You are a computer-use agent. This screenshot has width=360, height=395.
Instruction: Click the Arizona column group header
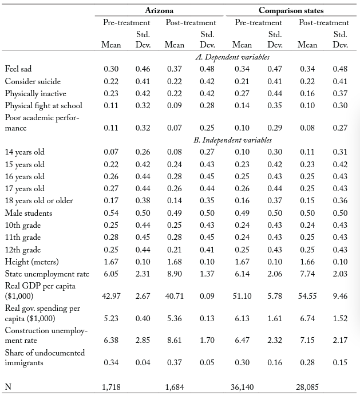click(160, 10)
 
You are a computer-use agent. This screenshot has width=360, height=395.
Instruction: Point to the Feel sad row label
click(18, 69)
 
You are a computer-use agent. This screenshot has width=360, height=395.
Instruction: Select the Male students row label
click(29, 214)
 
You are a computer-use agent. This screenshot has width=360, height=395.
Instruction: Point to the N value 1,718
click(111, 387)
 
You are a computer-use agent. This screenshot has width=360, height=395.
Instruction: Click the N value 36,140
click(241, 387)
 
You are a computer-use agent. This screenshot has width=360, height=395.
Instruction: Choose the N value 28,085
click(308, 387)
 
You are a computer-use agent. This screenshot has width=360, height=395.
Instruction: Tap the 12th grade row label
click(23, 250)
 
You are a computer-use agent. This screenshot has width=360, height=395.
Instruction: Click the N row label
click(9, 387)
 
